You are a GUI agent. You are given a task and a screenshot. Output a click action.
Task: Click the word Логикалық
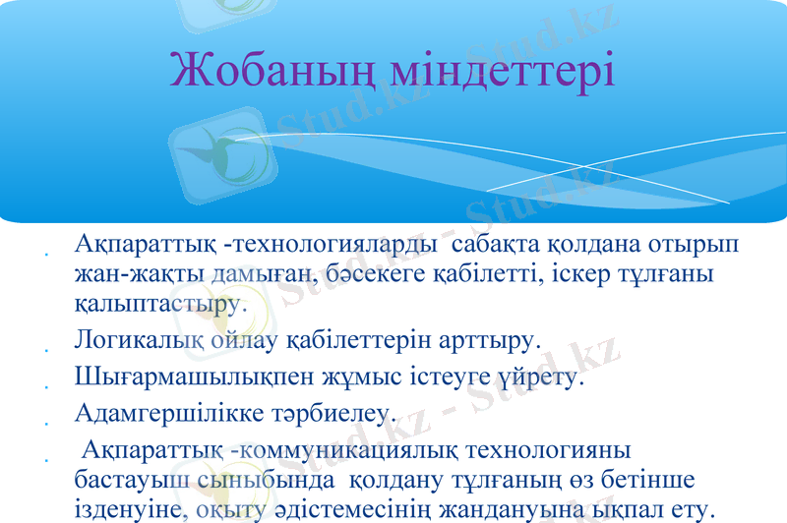[137, 342]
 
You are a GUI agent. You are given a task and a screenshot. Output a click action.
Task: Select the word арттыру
[482, 342]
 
